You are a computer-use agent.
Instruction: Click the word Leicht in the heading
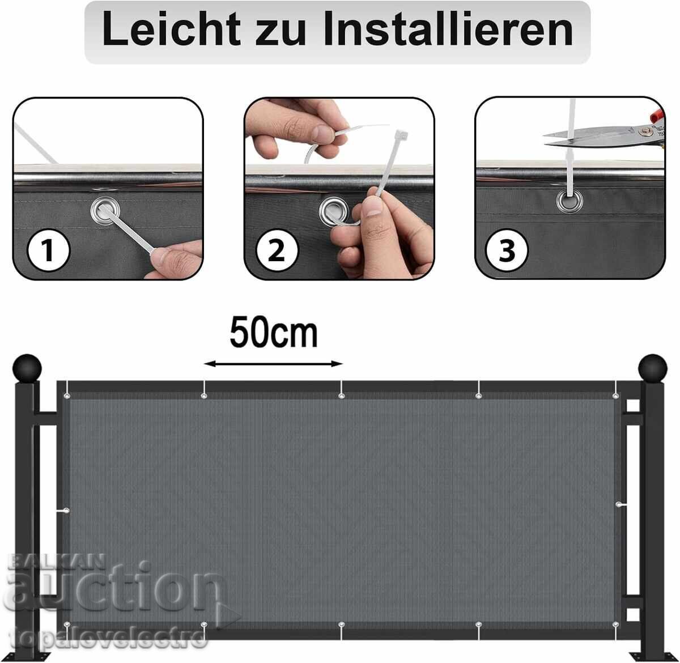[x=172, y=29]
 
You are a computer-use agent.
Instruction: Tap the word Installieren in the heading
[x=449, y=29]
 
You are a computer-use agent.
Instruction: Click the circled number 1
[x=49, y=250]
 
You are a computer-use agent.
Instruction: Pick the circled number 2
[x=277, y=250]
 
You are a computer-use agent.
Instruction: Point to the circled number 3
[x=507, y=250]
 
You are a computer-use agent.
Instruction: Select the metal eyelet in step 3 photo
[x=570, y=201]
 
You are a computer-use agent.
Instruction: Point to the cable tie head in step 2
[x=402, y=134]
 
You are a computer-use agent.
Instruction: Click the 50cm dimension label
[x=274, y=333]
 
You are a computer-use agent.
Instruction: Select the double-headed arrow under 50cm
[x=273, y=364]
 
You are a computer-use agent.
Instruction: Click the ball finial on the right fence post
[x=652, y=368]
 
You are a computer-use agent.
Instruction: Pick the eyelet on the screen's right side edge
[x=619, y=505]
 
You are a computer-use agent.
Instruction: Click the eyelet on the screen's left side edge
[x=66, y=511]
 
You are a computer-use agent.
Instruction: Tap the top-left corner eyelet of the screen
[x=67, y=396]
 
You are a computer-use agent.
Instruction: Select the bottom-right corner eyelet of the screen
[x=615, y=624]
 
